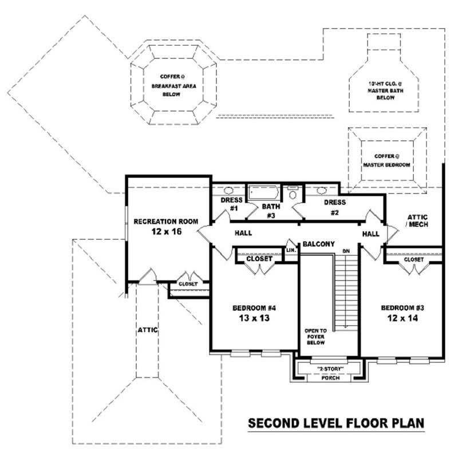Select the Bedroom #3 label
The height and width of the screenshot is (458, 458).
[402, 308]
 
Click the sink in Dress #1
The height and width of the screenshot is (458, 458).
[228, 191]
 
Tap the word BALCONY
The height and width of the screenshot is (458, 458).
[319, 244]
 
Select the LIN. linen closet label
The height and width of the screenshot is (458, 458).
[291, 250]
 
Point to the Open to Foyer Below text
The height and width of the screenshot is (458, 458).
[315, 338]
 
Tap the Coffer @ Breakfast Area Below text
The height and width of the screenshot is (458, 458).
[165, 85]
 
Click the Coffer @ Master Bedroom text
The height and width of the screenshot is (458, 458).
[387, 160]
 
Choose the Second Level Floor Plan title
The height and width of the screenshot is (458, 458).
[335, 424]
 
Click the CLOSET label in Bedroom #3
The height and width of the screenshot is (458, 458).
[414, 259]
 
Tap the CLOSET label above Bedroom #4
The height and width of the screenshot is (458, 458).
[259, 259]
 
